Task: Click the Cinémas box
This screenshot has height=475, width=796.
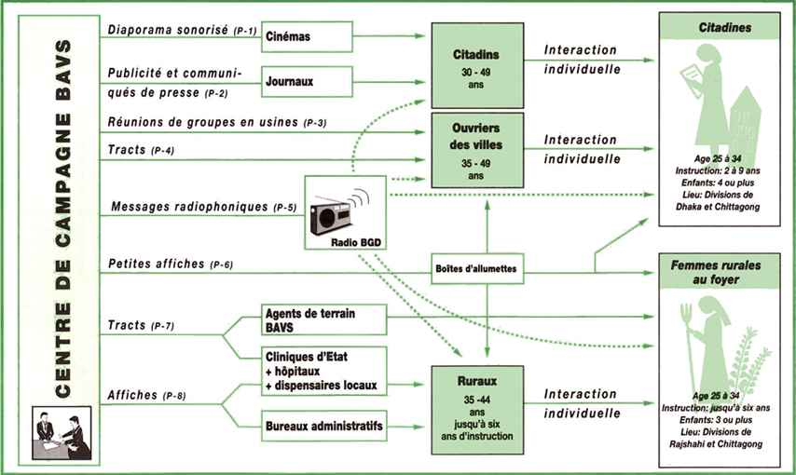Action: pyautogui.click(x=307, y=37)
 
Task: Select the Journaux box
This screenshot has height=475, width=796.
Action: pyautogui.click(x=307, y=81)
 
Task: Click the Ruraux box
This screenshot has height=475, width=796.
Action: pyautogui.click(x=475, y=405)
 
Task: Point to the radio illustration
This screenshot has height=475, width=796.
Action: pyautogui.click(x=339, y=213)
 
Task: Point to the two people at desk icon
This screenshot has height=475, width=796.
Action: pyautogui.click(x=62, y=433)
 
